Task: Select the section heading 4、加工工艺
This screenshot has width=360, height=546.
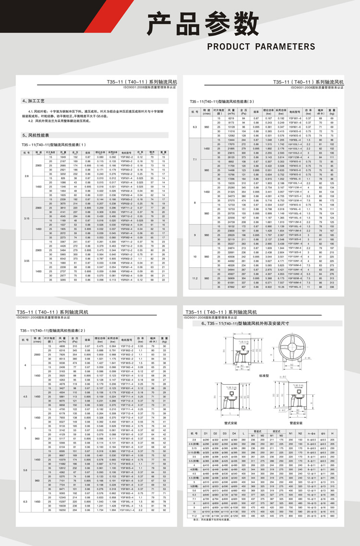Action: point(33,101)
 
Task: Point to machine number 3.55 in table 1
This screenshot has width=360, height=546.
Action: point(27,261)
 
